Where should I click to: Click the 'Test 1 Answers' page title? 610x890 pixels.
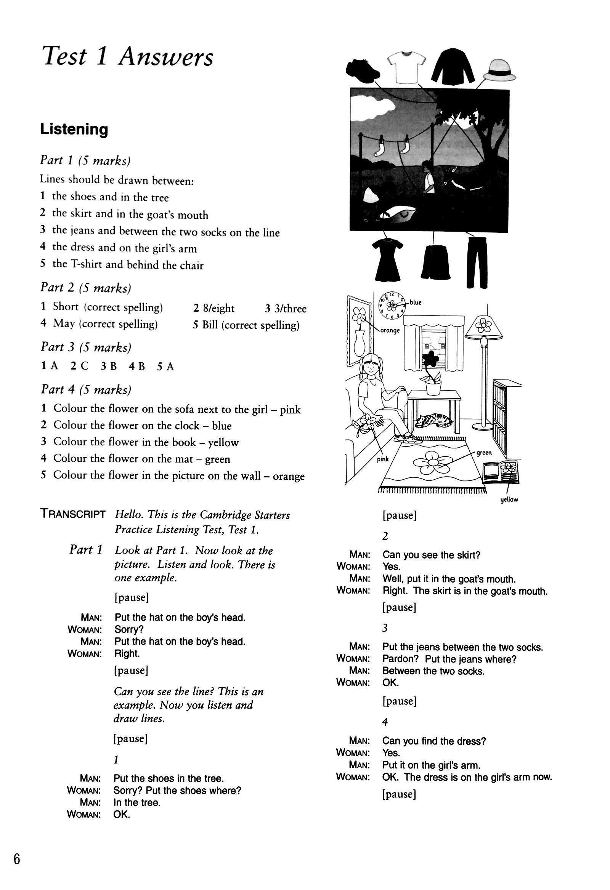point(128,58)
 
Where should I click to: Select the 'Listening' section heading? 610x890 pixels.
point(74,130)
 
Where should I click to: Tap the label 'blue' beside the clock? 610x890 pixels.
point(415,303)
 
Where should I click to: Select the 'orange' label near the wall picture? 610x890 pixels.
point(390,330)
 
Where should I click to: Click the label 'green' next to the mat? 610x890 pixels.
point(484,453)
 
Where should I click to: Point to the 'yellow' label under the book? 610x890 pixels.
point(509,500)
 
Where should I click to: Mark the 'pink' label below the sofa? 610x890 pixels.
point(382,459)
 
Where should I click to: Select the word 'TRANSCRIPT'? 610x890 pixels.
point(73,514)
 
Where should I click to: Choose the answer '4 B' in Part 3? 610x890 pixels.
point(137,367)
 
